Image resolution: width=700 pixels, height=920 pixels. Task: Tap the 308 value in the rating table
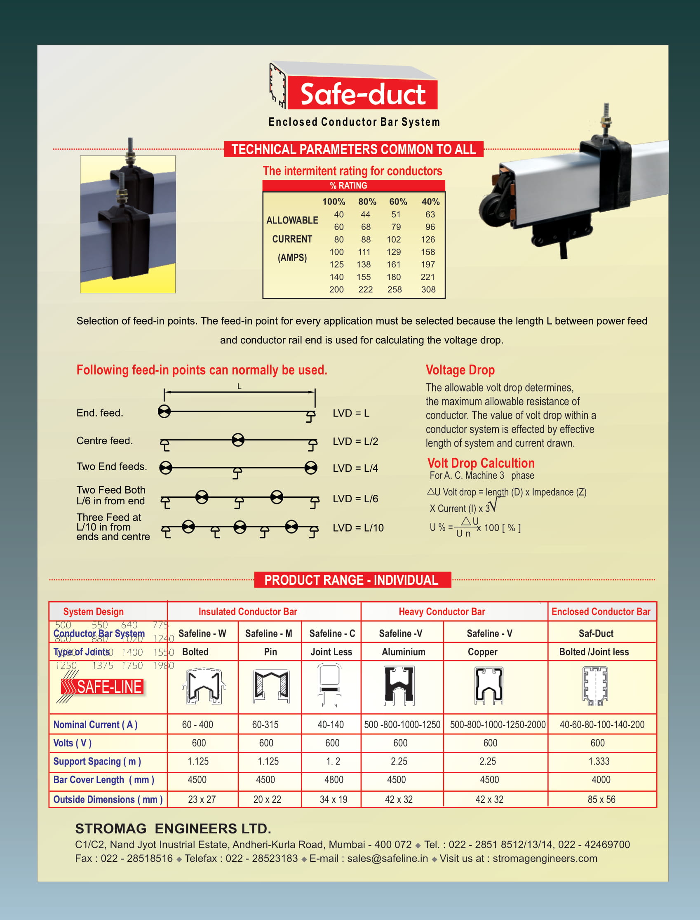pos(428,289)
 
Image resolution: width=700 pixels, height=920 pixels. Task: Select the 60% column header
pos(398,202)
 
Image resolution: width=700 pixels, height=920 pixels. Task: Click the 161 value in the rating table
pos(393,265)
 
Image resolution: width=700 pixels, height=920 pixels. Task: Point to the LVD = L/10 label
pos(358,528)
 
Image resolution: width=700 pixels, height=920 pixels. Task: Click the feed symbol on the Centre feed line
pos(238,440)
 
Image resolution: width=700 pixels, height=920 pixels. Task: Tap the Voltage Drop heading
pos(460,370)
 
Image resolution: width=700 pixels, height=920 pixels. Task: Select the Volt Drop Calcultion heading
pos(480,463)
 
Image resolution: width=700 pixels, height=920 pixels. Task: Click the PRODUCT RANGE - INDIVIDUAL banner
pos(352,580)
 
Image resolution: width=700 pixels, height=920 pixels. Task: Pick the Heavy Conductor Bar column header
pos(442,612)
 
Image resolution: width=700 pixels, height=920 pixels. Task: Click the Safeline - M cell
pos(269,633)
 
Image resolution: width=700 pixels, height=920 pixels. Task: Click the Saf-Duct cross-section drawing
pos(595,686)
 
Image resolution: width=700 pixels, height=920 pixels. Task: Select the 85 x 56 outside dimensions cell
pos(601,800)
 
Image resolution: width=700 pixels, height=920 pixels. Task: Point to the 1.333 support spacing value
pos(599,761)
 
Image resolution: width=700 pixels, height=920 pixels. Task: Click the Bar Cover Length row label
pos(104,780)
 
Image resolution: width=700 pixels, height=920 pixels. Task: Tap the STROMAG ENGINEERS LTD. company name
pos(173,829)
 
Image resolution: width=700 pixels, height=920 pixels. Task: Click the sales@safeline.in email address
pos(387,859)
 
